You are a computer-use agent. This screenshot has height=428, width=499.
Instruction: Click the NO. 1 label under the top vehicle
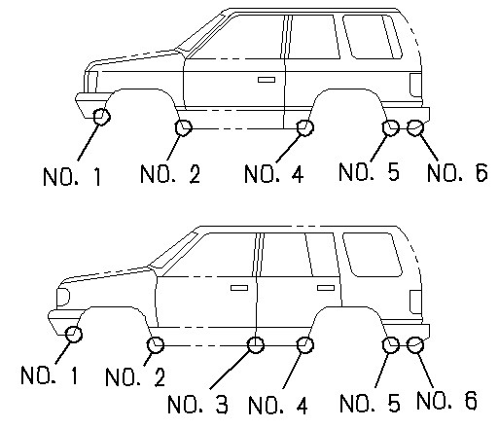click(73, 177)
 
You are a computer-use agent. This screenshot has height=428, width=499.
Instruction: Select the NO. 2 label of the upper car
click(169, 175)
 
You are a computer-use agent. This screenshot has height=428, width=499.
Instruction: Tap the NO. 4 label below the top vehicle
click(273, 175)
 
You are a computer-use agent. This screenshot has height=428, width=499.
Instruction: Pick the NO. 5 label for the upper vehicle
click(369, 173)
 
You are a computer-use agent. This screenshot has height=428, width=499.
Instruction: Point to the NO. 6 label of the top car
click(457, 173)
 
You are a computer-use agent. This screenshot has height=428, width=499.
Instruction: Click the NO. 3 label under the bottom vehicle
click(200, 402)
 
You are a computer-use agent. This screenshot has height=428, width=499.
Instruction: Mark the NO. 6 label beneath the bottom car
click(446, 399)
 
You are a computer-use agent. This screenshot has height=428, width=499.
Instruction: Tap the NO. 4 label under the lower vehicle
click(280, 402)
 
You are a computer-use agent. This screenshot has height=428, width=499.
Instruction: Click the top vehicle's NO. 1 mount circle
click(101, 118)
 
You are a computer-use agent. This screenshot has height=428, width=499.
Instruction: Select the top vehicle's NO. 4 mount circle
click(304, 126)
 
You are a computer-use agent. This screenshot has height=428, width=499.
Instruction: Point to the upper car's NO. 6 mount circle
click(414, 126)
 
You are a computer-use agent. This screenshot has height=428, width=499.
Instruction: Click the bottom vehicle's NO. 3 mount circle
click(256, 343)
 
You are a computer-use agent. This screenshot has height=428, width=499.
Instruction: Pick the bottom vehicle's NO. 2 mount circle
click(155, 343)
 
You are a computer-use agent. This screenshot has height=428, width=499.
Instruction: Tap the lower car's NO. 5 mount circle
click(391, 343)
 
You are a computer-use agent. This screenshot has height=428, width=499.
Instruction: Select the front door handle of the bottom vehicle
click(237, 288)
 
